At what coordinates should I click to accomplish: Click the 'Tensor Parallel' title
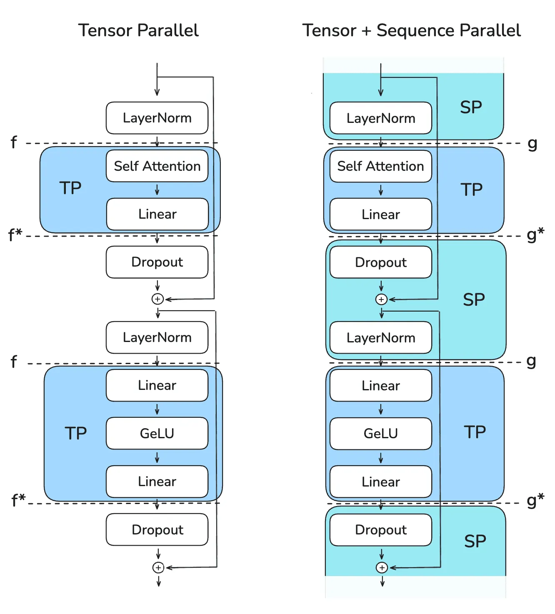138,30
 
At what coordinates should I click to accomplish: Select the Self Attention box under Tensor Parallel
157,166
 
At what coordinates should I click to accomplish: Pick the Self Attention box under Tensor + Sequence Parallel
380,166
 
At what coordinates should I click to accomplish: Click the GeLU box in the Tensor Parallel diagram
157,433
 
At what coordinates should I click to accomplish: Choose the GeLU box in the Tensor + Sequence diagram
380,433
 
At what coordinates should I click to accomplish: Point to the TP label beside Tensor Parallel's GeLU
75,433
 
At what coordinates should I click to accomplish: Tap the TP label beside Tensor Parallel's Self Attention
70,188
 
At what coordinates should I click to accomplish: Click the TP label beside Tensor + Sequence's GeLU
475,432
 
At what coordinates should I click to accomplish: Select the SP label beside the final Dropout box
475,541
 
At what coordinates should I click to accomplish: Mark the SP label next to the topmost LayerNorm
471,107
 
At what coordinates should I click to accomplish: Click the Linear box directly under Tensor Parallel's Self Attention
157,214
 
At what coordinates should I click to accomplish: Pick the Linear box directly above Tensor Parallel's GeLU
157,385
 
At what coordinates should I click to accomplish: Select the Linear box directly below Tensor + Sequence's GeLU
380,482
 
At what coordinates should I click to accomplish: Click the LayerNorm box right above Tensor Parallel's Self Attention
157,118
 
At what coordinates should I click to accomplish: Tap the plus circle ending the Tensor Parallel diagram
158,567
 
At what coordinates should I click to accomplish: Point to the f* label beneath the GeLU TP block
18,499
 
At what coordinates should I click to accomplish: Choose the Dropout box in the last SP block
380,530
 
